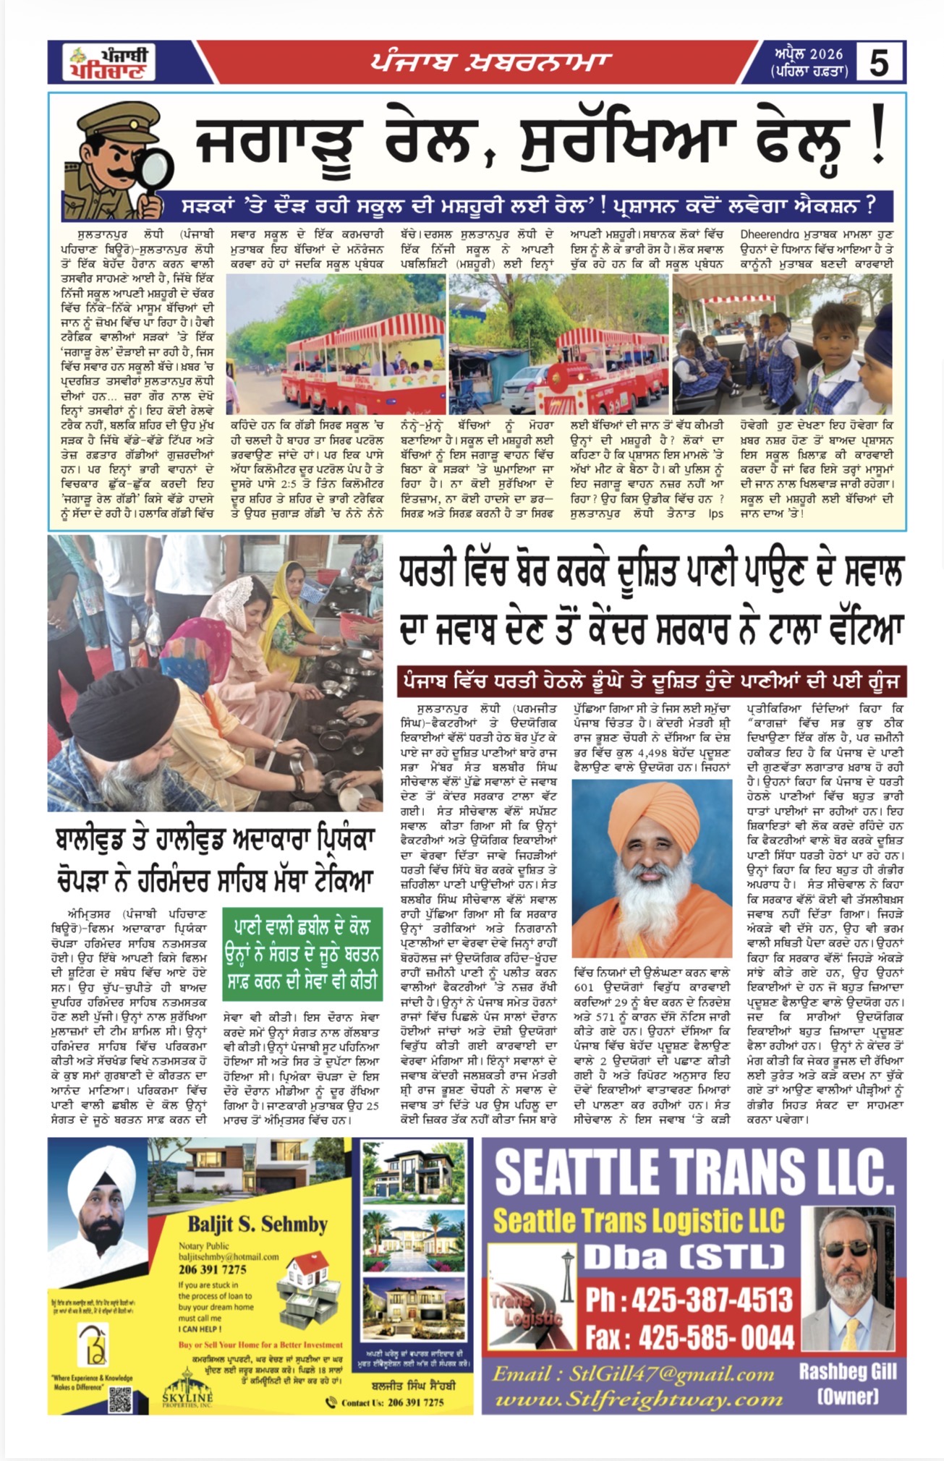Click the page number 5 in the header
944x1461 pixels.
pos(878,62)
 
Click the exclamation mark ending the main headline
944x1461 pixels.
pos(877,142)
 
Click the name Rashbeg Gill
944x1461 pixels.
pos(847,1371)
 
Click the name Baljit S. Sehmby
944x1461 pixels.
pos(258,1224)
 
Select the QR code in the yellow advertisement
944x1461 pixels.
pos(120,1400)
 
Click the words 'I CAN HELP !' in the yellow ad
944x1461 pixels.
pos(200,1329)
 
